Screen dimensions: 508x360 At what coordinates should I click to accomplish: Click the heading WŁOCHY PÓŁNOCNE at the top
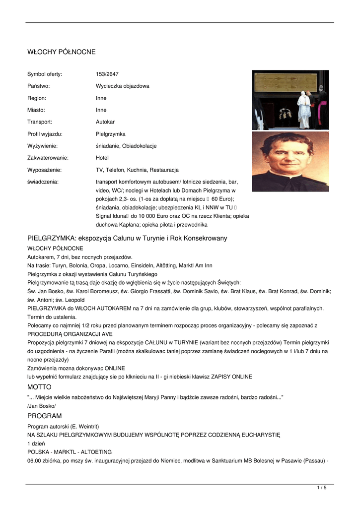[62, 52]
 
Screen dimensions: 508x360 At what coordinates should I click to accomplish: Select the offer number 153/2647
[107, 74]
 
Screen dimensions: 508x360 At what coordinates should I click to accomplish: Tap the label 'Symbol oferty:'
[45, 74]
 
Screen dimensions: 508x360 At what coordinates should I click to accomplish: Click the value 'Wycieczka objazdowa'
[122, 86]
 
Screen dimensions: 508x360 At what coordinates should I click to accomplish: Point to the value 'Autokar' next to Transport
[105, 122]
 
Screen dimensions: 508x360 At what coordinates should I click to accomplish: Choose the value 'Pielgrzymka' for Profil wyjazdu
[111, 134]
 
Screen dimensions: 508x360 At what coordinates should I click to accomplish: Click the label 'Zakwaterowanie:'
[48, 158]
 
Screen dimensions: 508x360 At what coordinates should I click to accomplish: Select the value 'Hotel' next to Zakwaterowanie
[103, 158]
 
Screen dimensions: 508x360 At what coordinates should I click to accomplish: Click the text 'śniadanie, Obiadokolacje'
[126, 146]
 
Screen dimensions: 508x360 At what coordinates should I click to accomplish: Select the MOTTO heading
[39, 387]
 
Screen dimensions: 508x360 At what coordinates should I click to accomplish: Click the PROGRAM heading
[45, 416]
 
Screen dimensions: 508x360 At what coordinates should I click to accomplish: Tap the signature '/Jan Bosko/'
[42, 406]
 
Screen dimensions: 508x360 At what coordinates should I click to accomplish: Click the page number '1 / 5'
[322, 488]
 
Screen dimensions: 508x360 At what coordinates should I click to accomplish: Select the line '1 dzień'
[36, 443]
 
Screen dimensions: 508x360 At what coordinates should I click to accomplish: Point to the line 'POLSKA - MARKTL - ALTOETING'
[70, 452]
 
